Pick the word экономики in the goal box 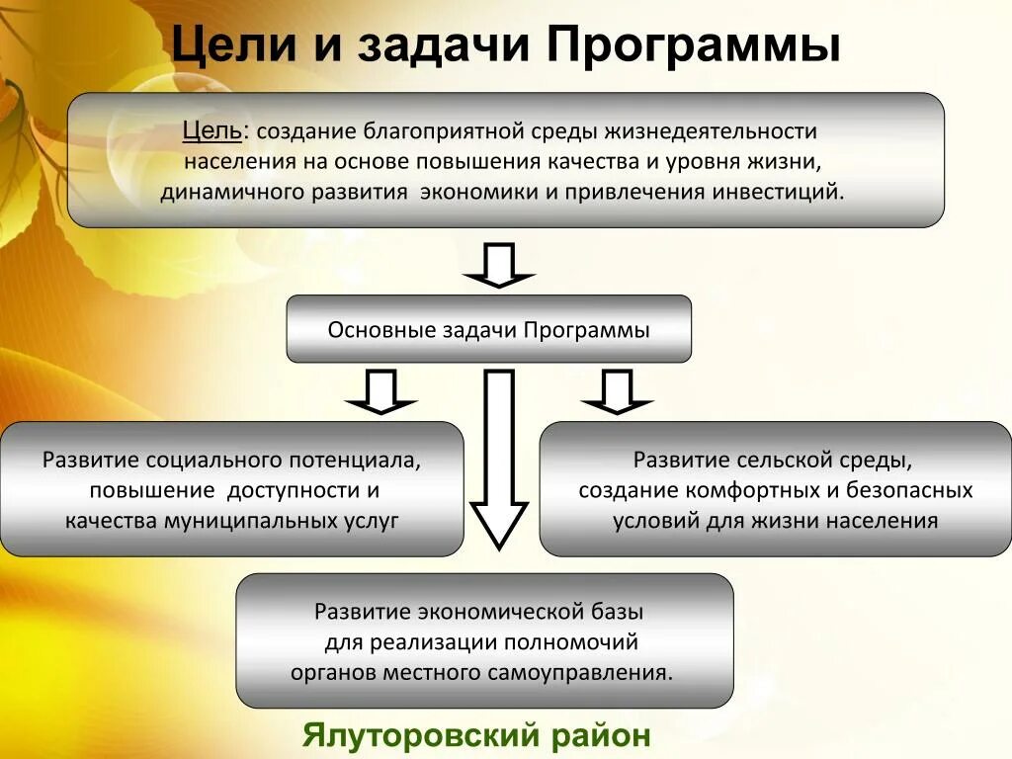[x=478, y=191]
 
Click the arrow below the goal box [x=499, y=264]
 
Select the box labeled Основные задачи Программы [x=488, y=329]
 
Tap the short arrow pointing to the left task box [x=381, y=391]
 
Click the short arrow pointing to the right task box [x=618, y=391]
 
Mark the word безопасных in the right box [x=912, y=491]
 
